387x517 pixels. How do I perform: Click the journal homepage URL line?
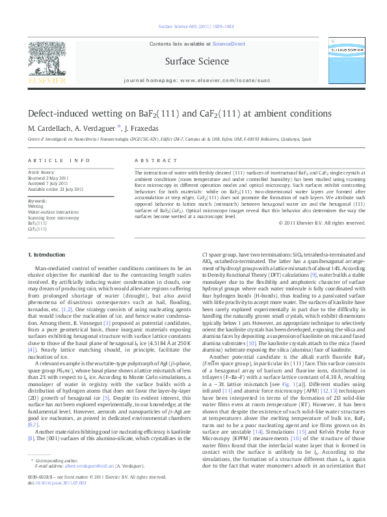(193, 83)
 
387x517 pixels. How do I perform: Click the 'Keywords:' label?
(37, 201)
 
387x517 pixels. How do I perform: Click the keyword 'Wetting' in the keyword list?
(35, 206)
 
